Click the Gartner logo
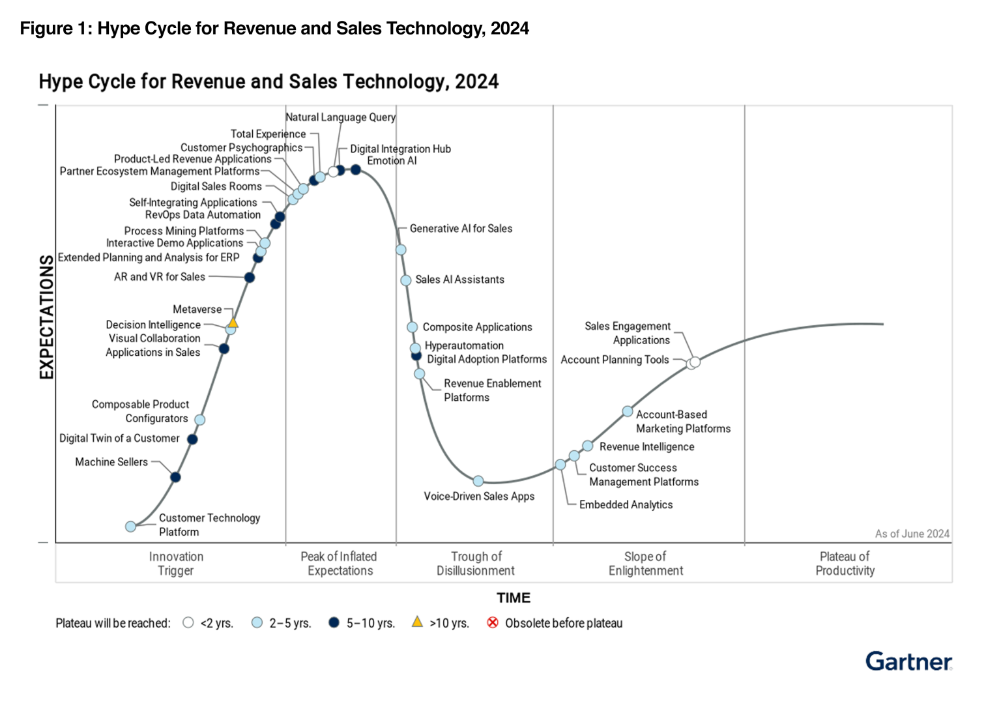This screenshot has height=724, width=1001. tap(908, 661)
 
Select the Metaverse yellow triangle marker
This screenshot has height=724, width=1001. tap(233, 322)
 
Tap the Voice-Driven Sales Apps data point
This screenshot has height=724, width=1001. tap(478, 481)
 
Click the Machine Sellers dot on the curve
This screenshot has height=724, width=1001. tap(175, 477)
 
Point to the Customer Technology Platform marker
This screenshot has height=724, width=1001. tap(131, 526)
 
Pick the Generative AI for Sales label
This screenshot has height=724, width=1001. tap(460, 229)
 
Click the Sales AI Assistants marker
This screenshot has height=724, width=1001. tap(405, 280)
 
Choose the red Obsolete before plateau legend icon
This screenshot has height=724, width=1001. tap(493, 623)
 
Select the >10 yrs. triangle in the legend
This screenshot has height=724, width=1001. tap(417, 622)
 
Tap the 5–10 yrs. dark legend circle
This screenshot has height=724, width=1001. tap(334, 623)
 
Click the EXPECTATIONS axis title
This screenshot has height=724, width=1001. tap(46, 317)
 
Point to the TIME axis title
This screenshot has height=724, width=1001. tap(514, 598)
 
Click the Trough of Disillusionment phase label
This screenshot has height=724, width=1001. tap(476, 564)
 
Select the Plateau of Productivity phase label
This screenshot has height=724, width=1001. tap(845, 564)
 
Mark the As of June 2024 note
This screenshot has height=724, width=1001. tap(912, 534)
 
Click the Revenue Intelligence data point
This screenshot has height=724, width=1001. tap(588, 446)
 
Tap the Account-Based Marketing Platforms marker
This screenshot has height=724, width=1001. tap(628, 411)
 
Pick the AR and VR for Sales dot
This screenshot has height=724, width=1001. tap(250, 278)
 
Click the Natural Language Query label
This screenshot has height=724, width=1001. tap(341, 117)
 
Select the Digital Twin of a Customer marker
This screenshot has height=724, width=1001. tap(192, 439)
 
